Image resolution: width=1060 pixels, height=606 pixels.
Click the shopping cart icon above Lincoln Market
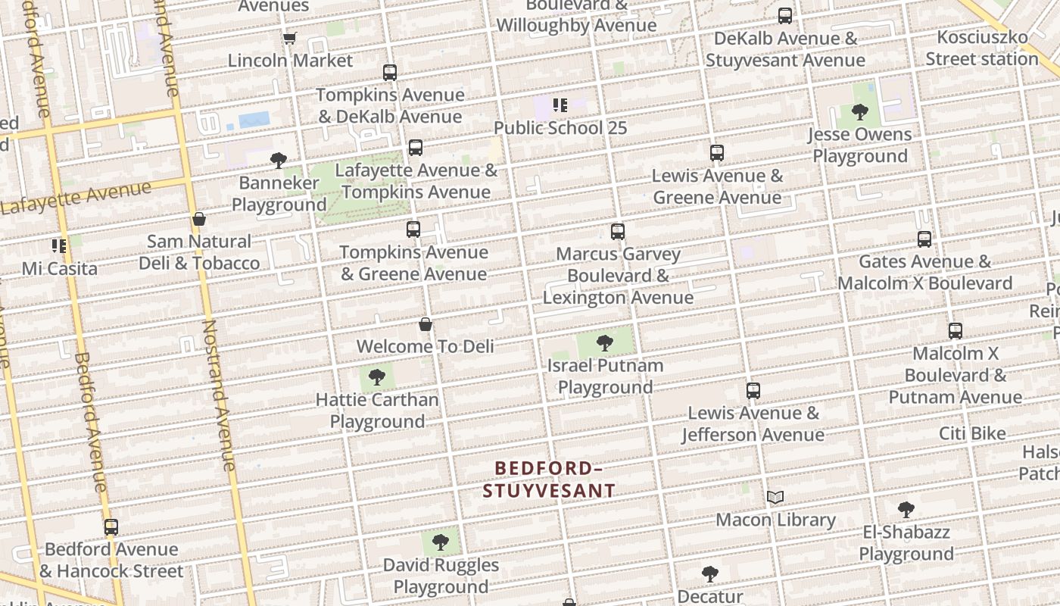[x=289, y=38]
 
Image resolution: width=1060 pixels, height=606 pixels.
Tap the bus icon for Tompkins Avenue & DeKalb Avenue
[x=390, y=73]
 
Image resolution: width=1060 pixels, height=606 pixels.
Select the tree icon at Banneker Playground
[x=279, y=161]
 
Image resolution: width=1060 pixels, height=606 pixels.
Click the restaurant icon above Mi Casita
[x=59, y=246]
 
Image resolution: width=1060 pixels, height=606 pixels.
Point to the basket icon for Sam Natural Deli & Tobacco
[x=199, y=220]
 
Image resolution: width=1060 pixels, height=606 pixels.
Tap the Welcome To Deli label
[x=425, y=346]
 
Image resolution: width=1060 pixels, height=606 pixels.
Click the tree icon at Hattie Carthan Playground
[x=377, y=377]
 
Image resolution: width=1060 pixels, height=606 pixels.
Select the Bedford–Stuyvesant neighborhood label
[x=549, y=479]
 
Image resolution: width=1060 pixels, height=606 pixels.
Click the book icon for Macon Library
[x=775, y=498]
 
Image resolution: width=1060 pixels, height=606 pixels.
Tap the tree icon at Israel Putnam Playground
[x=605, y=343]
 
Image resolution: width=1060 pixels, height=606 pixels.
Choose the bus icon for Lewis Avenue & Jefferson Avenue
[x=753, y=391]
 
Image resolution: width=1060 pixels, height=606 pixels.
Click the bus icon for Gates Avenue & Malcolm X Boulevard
[x=924, y=239]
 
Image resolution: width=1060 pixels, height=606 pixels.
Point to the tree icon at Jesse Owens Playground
[x=860, y=113]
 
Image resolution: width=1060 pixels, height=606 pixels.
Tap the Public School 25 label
[x=560, y=127]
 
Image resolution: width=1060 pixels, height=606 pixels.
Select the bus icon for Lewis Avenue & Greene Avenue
[x=717, y=153]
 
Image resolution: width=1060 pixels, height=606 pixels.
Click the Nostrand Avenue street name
[x=219, y=394]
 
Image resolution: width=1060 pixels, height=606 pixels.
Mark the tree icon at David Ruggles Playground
[x=441, y=542]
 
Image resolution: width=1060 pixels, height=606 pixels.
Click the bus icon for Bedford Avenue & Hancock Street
[x=111, y=527]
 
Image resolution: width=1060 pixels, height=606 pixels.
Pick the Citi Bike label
[x=972, y=433]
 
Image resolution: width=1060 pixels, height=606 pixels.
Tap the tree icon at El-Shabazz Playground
[x=906, y=510]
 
